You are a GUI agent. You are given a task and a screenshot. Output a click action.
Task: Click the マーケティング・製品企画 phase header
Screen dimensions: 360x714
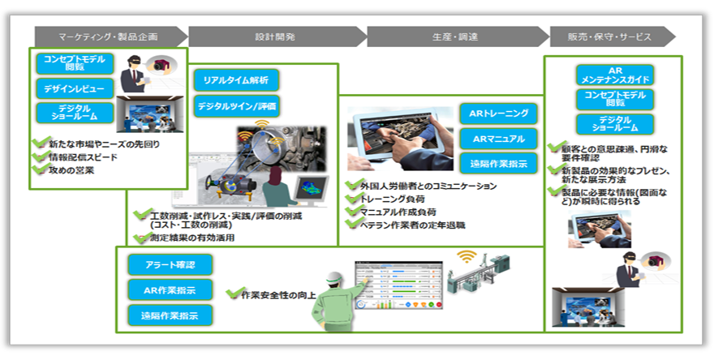click(108, 36)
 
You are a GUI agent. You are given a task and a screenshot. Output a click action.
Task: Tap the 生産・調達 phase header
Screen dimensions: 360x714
click(454, 36)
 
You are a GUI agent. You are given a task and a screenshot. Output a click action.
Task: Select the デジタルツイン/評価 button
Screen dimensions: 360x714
click(237, 105)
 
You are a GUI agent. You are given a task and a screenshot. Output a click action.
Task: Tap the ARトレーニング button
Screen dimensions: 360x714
click(498, 113)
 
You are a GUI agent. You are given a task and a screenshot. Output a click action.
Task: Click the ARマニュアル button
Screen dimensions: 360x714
click(498, 138)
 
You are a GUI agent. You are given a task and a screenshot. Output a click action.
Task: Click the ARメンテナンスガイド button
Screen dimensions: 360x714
click(614, 75)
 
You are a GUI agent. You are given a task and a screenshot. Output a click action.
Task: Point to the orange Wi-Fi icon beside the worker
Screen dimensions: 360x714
click(465, 257)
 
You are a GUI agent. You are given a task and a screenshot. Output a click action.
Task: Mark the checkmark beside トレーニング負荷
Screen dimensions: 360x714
click(352, 199)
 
